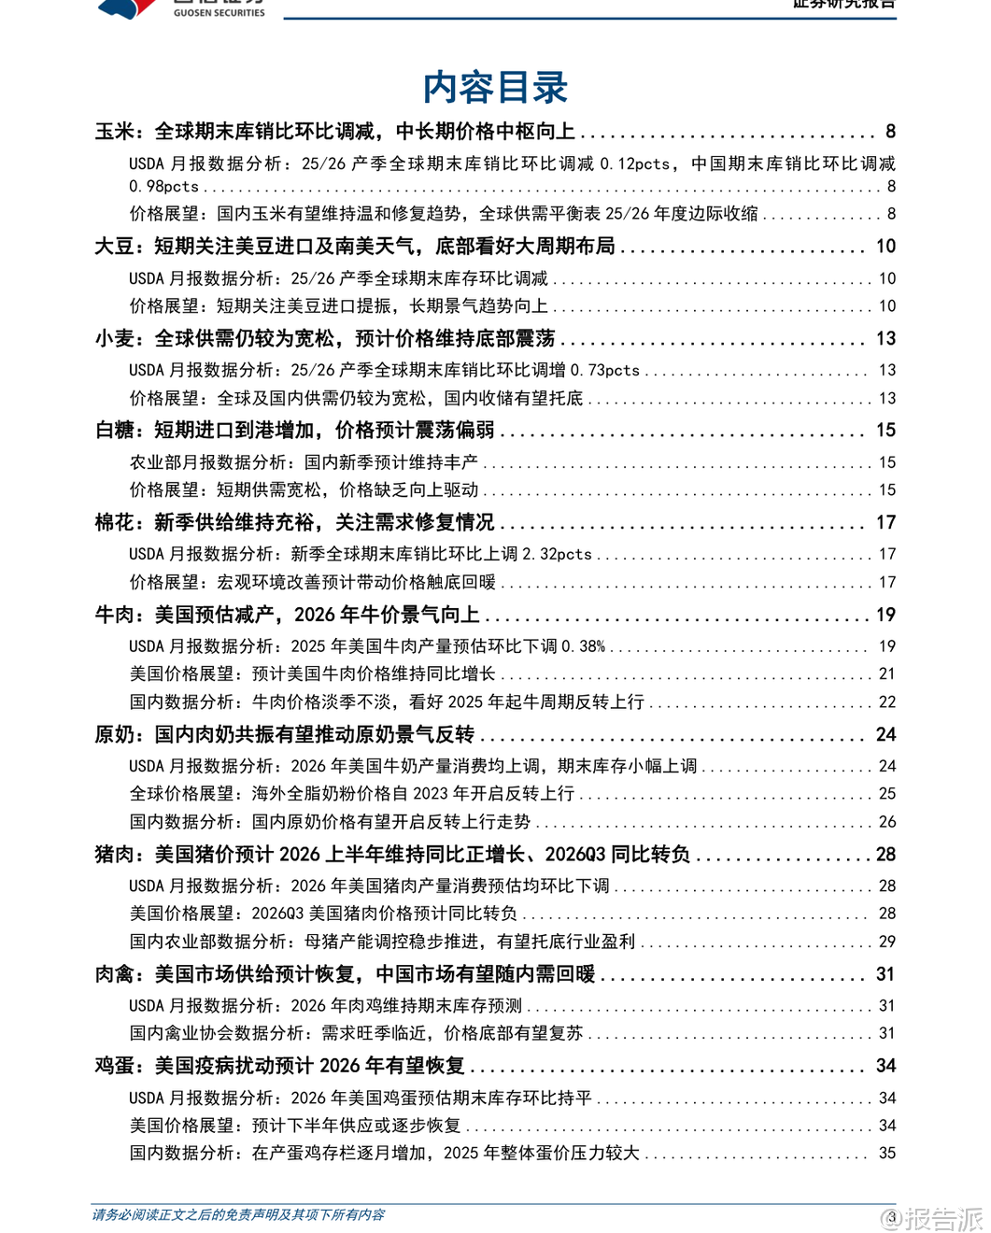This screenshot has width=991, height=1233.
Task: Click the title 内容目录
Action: (x=495, y=88)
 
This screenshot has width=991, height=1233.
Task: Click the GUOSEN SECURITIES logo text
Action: (x=219, y=12)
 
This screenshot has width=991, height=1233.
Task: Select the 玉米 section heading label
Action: (x=115, y=132)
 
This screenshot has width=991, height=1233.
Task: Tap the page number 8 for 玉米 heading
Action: (x=891, y=132)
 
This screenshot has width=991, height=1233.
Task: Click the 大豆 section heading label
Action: (x=115, y=247)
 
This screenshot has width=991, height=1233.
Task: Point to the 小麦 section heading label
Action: (x=115, y=338)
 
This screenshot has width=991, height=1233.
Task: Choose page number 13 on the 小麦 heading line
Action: (x=885, y=338)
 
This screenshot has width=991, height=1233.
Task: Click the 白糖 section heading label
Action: (x=115, y=431)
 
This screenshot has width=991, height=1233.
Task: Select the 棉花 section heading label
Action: (x=115, y=522)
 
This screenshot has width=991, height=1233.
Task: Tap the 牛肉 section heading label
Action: (x=115, y=615)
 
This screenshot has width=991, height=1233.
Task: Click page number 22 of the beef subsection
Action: (x=886, y=702)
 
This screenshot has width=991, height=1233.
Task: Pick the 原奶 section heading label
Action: (x=115, y=734)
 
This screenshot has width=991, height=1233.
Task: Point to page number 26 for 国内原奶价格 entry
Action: (x=886, y=822)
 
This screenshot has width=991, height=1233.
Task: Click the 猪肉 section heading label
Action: (x=115, y=855)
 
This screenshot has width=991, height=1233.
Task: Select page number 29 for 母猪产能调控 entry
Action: (x=886, y=942)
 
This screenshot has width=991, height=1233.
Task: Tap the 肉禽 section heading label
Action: (x=115, y=974)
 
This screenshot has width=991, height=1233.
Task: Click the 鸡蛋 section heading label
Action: (x=115, y=1066)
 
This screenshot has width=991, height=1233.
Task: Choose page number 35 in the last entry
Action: (x=886, y=1154)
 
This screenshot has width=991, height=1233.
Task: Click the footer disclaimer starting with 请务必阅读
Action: (x=238, y=1214)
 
